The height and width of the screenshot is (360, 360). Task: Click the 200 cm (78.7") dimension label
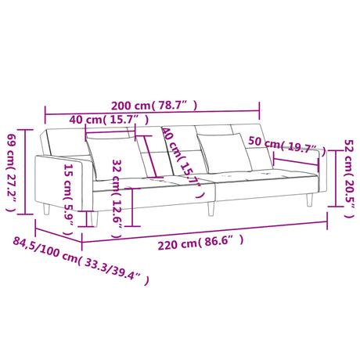click(x=154, y=105)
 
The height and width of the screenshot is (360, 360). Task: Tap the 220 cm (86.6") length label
click(x=200, y=243)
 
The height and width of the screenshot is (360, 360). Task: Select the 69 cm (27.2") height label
click(x=11, y=172)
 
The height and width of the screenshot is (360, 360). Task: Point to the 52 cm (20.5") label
click(x=349, y=178)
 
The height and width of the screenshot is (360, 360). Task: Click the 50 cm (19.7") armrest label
click(x=287, y=146)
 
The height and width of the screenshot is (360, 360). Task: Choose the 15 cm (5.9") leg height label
click(x=68, y=199)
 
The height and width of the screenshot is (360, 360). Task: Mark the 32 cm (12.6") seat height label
click(x=117, y=198)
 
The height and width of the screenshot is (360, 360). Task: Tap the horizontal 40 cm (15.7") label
click(x=109, y=120)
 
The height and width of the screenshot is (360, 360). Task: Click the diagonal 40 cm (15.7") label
click(x=182, y=163)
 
